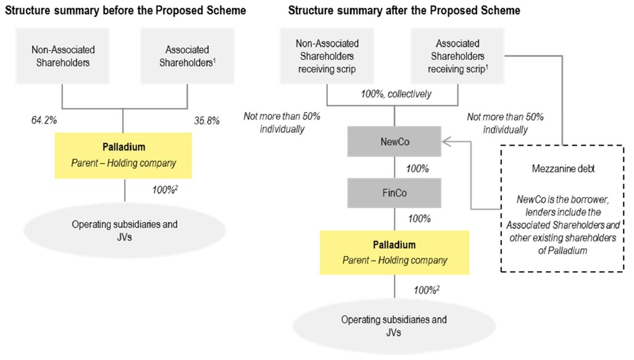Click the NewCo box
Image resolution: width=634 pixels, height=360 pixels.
(x=394, y=141)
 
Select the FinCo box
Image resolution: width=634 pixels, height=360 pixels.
(x=394, y=193)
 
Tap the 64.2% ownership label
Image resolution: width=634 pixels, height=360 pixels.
(x=44, y=120)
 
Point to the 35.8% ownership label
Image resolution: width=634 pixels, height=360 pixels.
(x=207, y=120)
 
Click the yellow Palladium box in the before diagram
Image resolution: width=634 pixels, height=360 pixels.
(x=123, y=156)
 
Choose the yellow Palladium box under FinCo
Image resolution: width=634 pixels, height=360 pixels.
(x=394, y=253)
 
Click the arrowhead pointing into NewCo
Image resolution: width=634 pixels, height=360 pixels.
(x=446, y=141)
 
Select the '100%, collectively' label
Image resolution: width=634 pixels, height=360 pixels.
(x=396, y=94)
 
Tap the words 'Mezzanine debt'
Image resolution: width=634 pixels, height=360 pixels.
(x=563, y=169)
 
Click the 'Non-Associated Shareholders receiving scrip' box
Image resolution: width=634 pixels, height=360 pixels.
(x=327, y=56)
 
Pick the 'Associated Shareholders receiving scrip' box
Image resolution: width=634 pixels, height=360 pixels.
(x=457, y=56)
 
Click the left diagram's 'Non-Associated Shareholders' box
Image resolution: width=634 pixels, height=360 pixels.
(x=62, y=56)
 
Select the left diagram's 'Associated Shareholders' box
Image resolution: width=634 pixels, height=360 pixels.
(x=187, y=56)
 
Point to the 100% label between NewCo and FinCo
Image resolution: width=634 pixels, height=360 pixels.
(x=417, y=169)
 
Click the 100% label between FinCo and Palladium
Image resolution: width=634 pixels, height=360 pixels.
(x=419, y=219)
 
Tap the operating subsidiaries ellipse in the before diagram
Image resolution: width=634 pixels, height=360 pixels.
(x=125, y=230)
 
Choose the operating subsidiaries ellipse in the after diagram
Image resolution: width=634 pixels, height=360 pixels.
(x=394, y=325)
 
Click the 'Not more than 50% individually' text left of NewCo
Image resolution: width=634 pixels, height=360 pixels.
(x=282, y=122)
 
